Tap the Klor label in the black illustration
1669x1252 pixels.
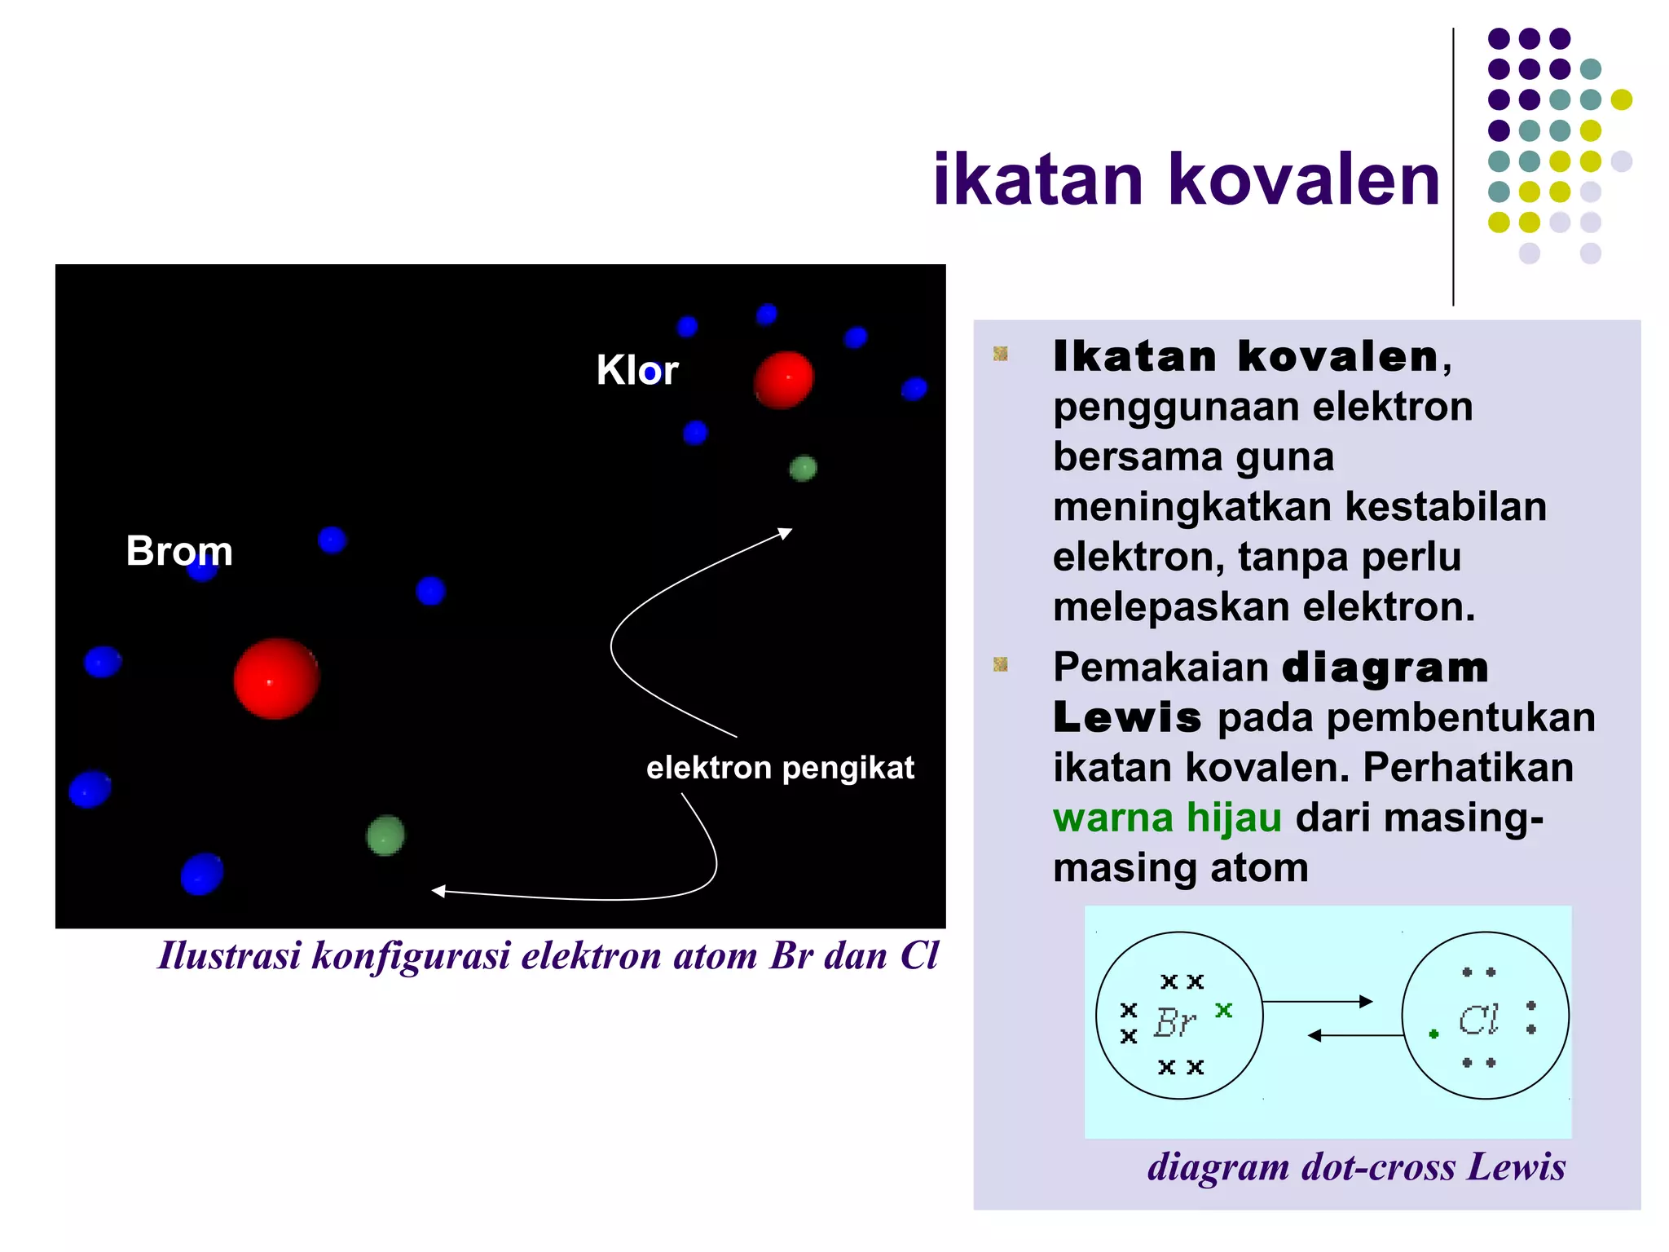[x=636, y=370]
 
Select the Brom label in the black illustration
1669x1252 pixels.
[x=179, y=551]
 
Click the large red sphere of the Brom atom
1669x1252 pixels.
[x=276, y=678]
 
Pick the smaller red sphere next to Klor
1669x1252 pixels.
[x=783, y=380]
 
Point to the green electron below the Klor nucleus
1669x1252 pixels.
[x=803, y=468]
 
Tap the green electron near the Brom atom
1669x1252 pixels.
[x=385, y=835]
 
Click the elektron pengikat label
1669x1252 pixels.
[x=780, y=768]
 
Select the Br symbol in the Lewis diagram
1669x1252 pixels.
[x=1175, y=1022]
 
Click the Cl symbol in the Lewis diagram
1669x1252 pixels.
[x=1478, y=1020]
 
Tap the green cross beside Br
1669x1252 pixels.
[x=1223, y=1010]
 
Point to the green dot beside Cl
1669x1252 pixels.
[x=1434, y=1034]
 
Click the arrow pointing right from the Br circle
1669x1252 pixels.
[x=1318, y=1002]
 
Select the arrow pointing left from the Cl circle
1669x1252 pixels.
[x=1354, y=1035]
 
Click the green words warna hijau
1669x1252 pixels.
[x=1167, y=818]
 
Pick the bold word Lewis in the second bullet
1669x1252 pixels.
[x=1127, y=718]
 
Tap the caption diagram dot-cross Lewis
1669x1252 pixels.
[x=1356, y=1166]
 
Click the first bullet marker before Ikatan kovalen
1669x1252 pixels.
[x=1001, y=354]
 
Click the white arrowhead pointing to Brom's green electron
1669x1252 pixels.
[x=438, y=891]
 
